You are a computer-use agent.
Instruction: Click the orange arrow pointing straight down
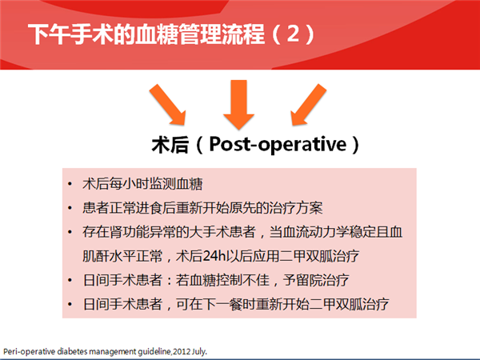[238, 104]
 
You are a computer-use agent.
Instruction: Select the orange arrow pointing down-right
[168, 105]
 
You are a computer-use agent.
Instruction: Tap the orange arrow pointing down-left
[308, 105]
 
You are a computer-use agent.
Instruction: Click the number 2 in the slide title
[293, 34]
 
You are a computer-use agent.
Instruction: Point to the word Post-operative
[278, 144]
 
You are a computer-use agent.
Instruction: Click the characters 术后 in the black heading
[170, 145]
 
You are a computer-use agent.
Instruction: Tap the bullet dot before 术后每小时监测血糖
[70, 184]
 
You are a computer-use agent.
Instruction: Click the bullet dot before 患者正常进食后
[70, 208]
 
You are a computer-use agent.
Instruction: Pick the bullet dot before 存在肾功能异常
[70, 232]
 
